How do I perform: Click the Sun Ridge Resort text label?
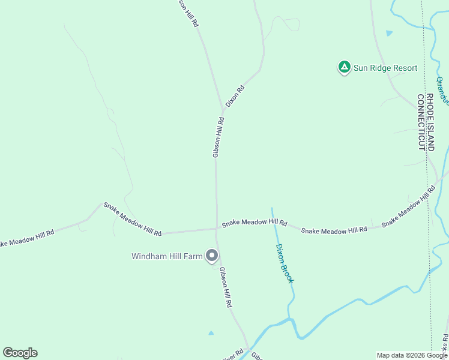coord(385,68)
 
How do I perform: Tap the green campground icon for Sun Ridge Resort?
coord(344,67)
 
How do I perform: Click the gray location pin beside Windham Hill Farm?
coord(211,256)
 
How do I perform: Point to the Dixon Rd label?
coord(235,97)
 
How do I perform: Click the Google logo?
coord(20,353)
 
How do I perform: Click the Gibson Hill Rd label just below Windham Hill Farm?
coord(226,287)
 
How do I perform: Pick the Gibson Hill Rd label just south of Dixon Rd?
coord(218,137)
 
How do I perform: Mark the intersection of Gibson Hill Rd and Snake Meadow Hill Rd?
coord(217,228)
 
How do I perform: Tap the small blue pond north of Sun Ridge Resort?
coord(390,33)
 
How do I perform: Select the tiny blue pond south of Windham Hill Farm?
coord(211,332)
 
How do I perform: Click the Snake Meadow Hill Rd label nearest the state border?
coord(408,205)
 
